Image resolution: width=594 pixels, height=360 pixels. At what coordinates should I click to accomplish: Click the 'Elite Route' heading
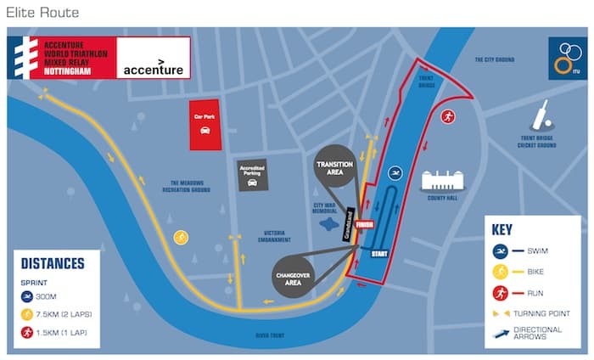pyautogui.click(x=42, y=12)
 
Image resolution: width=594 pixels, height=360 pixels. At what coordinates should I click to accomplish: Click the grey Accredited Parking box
pyautogui.click(x=251, y=175)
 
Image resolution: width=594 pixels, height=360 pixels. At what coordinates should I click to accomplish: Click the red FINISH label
pyautogui.click(x=365, y=225)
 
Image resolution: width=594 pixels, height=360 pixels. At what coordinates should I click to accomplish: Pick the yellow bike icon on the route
pyautogui.click(x=180, y=238)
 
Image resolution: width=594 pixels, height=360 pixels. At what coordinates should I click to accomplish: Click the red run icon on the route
pyautogui.click(x=448, y=117)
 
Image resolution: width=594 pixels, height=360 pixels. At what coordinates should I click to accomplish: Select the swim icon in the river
pyautogui.click(x=395, y=173)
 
